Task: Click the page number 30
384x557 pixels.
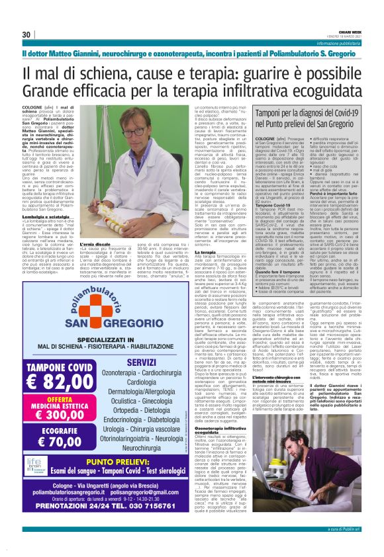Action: coord(27,34)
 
